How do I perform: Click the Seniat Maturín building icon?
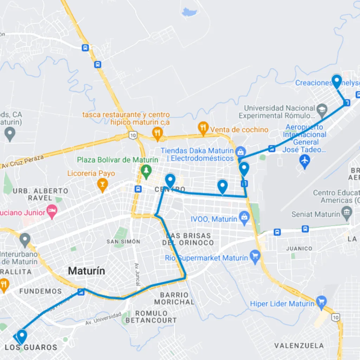coord(347,213)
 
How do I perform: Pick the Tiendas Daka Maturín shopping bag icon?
coord(240,152)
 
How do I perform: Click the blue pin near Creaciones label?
coord(337,81)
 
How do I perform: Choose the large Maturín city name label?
coord(86,271)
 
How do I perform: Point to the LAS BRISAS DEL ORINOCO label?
coord(188,239)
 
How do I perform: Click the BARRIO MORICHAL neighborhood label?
coord(174,298)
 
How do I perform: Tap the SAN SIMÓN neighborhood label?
coord(123,242)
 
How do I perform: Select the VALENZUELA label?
coord(299,345)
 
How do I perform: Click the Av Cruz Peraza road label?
coord(23,161)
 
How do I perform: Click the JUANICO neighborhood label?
coord(299,249)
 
